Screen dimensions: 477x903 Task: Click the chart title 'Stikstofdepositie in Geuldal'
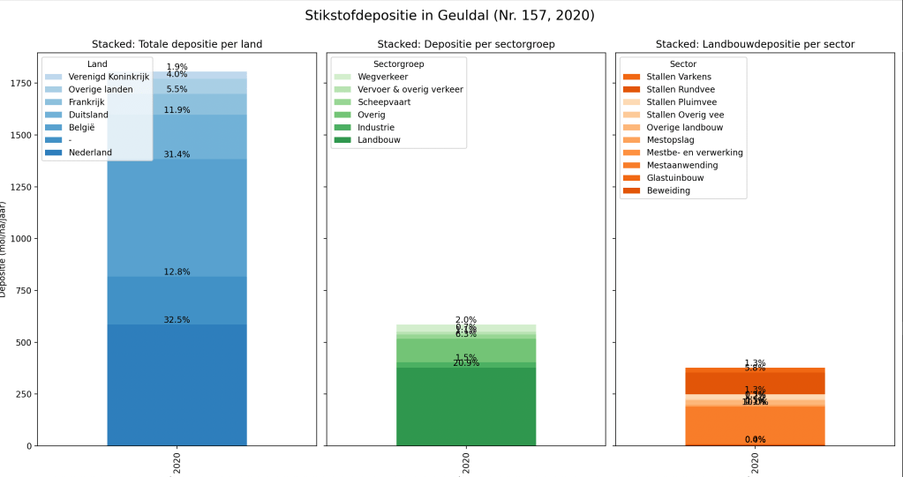(x=449, y=16)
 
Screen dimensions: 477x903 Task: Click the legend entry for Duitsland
(x=88, y=115)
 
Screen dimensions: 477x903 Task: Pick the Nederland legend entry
(x=90, y=153)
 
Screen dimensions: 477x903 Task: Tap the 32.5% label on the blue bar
(x=177, y=320)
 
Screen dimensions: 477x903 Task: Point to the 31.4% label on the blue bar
(x=177, y=154)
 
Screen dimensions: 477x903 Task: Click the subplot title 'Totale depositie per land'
(x=177, y=44)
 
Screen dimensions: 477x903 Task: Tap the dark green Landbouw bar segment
(x=465, y=406)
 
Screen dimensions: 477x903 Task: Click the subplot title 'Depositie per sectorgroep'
(x=466, y=44)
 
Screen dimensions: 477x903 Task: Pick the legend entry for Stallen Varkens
(x=679, y=77)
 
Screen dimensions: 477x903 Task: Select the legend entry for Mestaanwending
(x=681, y=165)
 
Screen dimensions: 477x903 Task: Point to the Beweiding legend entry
(x=668, y=190)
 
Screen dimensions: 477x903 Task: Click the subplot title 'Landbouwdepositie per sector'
(x=755, y=44)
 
